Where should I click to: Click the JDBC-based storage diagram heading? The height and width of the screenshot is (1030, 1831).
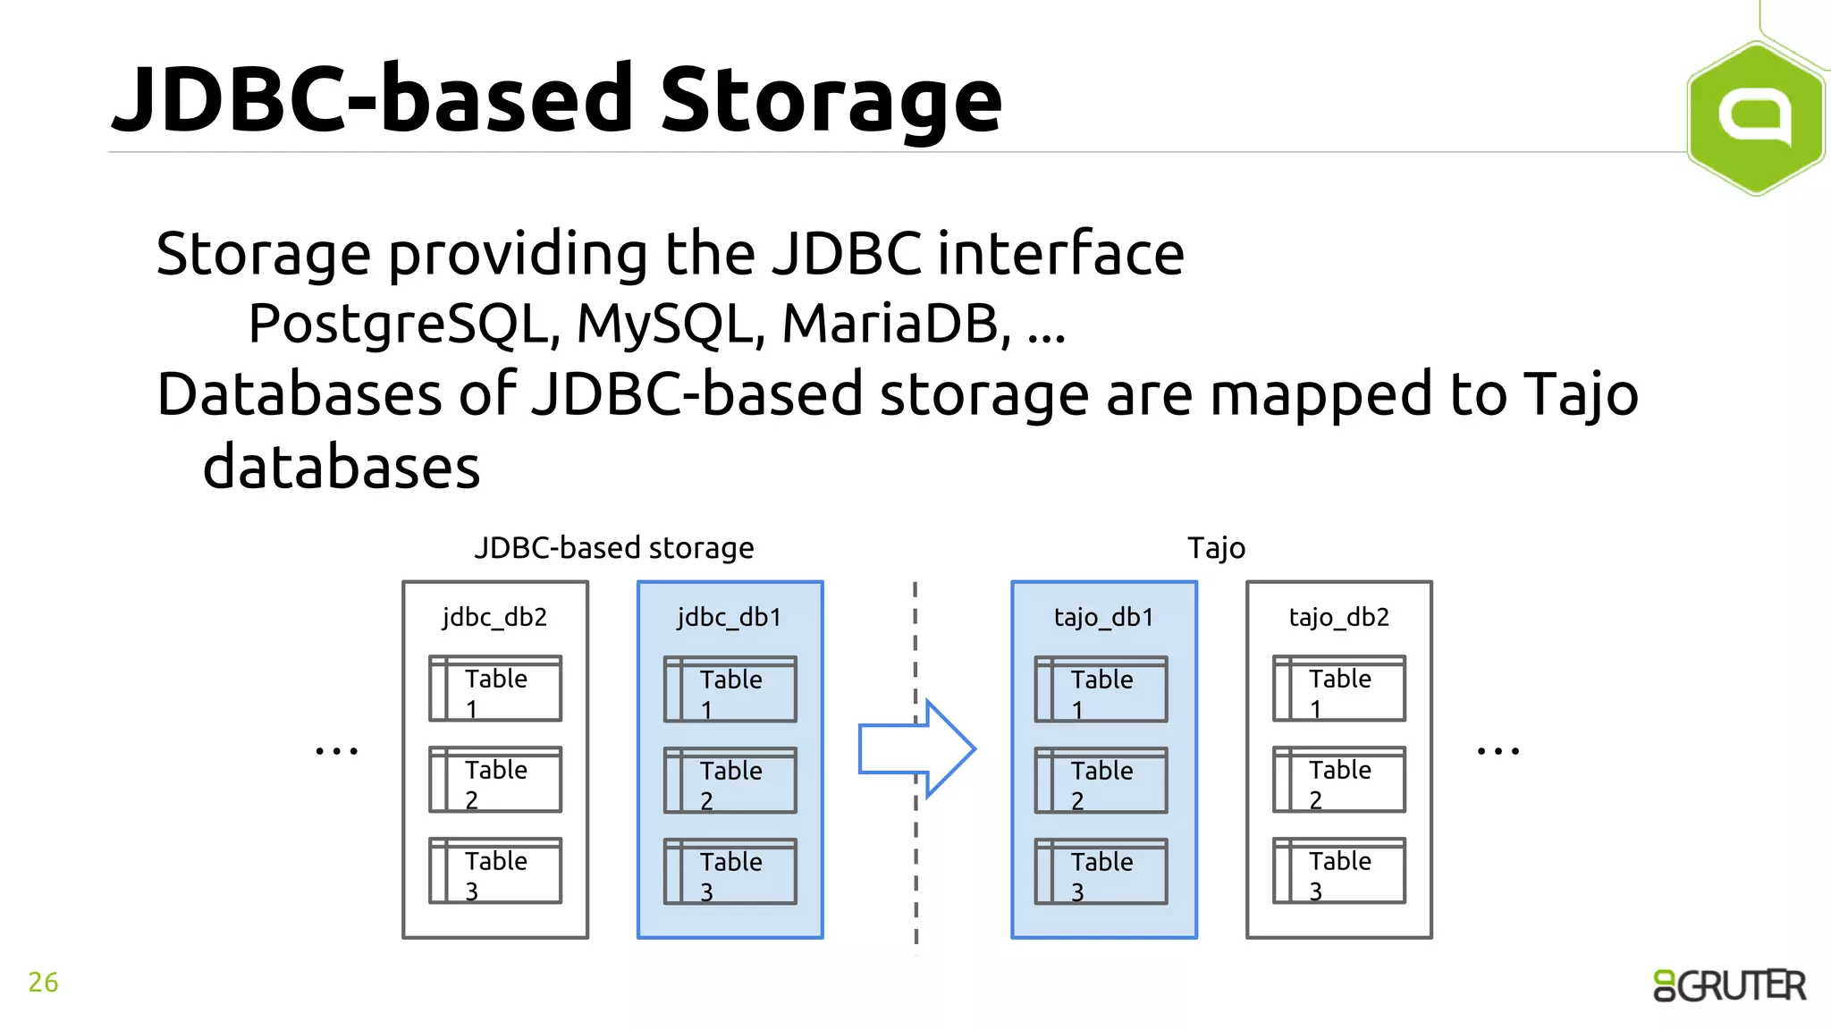tap(614, 547)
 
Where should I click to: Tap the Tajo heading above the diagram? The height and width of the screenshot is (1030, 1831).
tap(1216, 547)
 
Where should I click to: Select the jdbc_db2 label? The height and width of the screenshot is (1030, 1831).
tap(494, 617)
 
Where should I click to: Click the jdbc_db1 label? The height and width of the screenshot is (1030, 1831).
tap(730, 617)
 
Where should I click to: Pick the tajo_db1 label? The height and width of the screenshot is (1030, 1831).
tap(1103, 617)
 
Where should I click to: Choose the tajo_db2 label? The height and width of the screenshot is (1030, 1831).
tap(1338, 617)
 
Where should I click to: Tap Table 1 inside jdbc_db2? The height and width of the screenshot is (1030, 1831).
tap(495, 689)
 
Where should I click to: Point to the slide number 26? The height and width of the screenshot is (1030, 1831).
tap(43, 983)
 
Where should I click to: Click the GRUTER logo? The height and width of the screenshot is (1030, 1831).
tap(1729, 985)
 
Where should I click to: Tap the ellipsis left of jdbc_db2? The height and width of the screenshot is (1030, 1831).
tap(337, 751)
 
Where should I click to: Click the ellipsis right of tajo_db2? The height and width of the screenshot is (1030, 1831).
tap(1498, 751)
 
